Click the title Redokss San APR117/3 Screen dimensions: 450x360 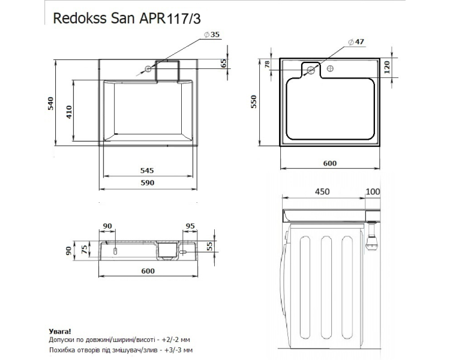127,19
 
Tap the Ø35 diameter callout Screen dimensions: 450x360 212,34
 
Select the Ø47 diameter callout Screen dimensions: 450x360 356,42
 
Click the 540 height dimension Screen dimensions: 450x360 50,104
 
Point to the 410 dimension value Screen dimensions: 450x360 69,112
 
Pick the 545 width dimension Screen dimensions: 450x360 147,170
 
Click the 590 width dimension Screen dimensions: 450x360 147,182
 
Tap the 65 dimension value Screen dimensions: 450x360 224,63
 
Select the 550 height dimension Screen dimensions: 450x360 254,102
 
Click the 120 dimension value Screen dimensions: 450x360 387,67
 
